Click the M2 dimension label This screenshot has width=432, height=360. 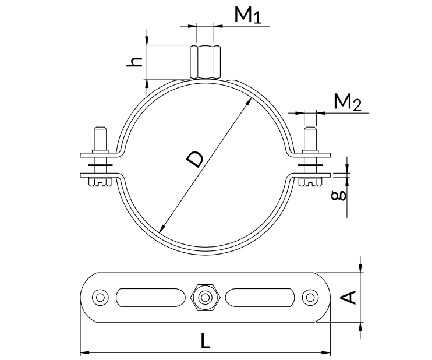(x=348, y=104)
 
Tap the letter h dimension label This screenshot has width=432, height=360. (x=135, y=61)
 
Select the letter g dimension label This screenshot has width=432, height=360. (x=342, y=193)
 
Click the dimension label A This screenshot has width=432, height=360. (x=348, y=298)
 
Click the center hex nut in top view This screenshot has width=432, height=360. (x=205, y=298)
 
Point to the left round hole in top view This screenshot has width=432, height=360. (x=101, y=298)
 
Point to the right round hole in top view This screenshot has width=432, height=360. (x=309, y=298)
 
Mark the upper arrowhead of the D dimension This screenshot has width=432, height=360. (x=251, y=100)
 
